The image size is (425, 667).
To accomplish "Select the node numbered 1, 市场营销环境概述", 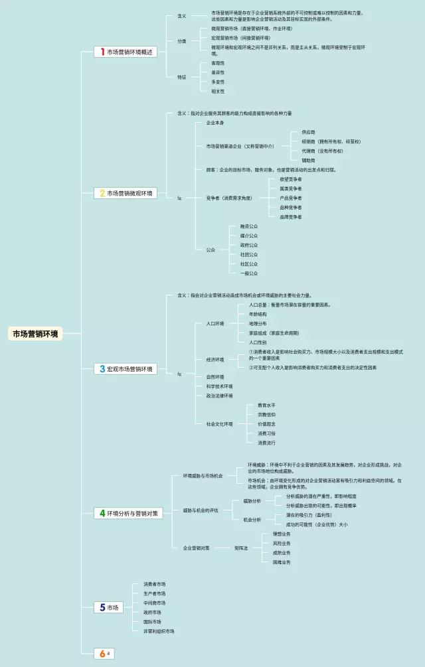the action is (126, 52).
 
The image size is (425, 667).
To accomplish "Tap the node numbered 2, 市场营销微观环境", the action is (126, 193).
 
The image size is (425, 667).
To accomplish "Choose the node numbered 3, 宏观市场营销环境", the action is (126, 369).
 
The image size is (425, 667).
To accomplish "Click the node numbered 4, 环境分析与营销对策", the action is (128, 513).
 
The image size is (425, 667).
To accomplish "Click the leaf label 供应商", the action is (309, 132).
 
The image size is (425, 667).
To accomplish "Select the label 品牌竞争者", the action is (291, 217).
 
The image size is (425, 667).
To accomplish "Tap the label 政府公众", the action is (249, 245).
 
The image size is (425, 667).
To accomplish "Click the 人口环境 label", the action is (215, 323).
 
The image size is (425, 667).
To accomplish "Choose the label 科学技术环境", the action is (219, 386).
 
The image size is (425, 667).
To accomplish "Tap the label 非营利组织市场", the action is (159, 631).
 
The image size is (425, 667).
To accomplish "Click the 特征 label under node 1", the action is (181, 77).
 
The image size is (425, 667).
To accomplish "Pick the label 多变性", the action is (218, 82).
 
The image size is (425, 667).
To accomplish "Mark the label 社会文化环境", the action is (219, 423).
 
